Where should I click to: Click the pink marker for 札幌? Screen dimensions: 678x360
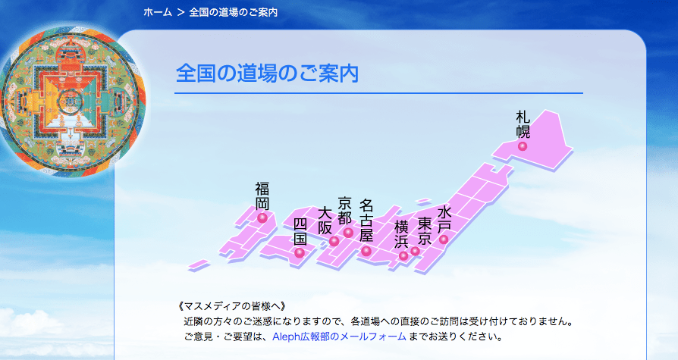tap(523, 146)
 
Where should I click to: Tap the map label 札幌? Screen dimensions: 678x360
tap(523, 124)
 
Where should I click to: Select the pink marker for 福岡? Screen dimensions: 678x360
tap(262, 218)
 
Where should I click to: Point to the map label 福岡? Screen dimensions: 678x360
tap(262, 196)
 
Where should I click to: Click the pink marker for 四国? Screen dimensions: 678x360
tap(300, 253)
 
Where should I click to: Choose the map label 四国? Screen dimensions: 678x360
tap(300, 231)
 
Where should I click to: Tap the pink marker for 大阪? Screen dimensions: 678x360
tap(334, 241)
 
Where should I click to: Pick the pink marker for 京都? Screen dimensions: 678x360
tap(348, 233)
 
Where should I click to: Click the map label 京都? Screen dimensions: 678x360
tap(344, 211)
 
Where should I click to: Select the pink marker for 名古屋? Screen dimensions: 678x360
tap(366, 251)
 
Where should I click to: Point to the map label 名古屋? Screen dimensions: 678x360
tap(366, 220)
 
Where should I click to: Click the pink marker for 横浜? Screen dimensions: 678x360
tap(403, 255)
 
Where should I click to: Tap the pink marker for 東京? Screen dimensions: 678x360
tap(415, 251)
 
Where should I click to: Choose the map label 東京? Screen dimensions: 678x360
tap(425, 231)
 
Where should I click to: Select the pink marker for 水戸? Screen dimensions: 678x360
tap(444, 239)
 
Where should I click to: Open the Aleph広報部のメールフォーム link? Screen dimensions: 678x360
tap(339, 337)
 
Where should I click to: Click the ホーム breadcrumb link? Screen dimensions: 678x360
tap(158, 12)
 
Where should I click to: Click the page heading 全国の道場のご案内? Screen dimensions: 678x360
tap(267, 74)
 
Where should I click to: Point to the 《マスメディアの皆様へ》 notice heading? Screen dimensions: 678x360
tap(232, 306)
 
